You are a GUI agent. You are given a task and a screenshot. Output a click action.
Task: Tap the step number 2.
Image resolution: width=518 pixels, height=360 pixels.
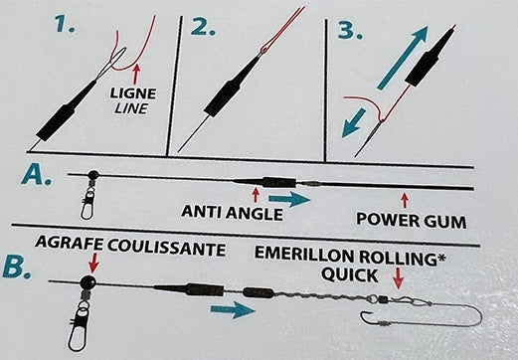[x=203, y=26]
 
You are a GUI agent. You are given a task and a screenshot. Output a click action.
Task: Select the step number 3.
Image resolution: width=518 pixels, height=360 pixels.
[x=350, y=31]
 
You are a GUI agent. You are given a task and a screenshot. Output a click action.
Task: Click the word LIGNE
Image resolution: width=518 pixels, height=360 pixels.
[x=133, y=93]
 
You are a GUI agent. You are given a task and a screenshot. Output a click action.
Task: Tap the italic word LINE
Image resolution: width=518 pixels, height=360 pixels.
[x=130, y=108]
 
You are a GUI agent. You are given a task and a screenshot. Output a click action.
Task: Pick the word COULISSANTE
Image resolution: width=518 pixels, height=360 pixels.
[x=166, y=248]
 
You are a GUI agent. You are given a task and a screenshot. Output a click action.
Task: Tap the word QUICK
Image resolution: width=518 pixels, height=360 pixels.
[x=350, y=274]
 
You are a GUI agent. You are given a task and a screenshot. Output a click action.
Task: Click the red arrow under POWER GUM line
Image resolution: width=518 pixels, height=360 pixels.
[x=405, y=200]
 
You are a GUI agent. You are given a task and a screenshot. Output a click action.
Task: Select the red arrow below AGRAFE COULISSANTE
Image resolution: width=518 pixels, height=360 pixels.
[x=93, y=263]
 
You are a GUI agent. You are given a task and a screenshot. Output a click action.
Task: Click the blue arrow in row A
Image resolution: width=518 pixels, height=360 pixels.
[x=289, y=199]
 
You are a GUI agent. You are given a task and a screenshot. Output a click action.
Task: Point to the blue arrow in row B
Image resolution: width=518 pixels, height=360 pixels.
[x=233, y=309]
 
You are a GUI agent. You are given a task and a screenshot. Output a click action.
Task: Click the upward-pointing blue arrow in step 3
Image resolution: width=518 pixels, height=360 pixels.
[x=403, y=58]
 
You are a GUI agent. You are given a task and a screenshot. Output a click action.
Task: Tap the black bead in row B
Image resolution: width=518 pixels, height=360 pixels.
[x=88, y=282]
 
